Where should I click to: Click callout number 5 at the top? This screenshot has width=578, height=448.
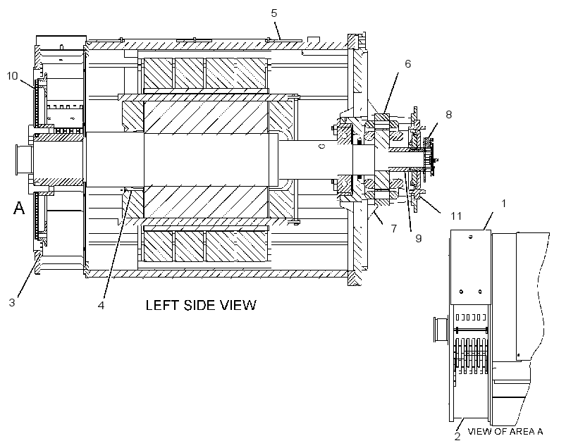[x=273, y=13]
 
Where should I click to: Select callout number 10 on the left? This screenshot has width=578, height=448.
[x=12, y=76]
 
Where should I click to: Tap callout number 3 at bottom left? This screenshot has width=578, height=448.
[x=12, y=302]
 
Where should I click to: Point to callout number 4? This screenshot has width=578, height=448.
[x=101, y=305]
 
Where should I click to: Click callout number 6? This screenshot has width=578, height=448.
[x=407, y=63]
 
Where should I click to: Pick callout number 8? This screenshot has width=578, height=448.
[x=448, y=115]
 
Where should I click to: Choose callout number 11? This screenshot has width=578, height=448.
[x=456, y=216]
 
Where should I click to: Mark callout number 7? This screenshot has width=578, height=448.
[x=394, y=229]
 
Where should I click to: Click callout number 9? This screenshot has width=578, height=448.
[x=419, y=238]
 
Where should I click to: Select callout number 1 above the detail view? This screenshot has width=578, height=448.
[x=503, y=203]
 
